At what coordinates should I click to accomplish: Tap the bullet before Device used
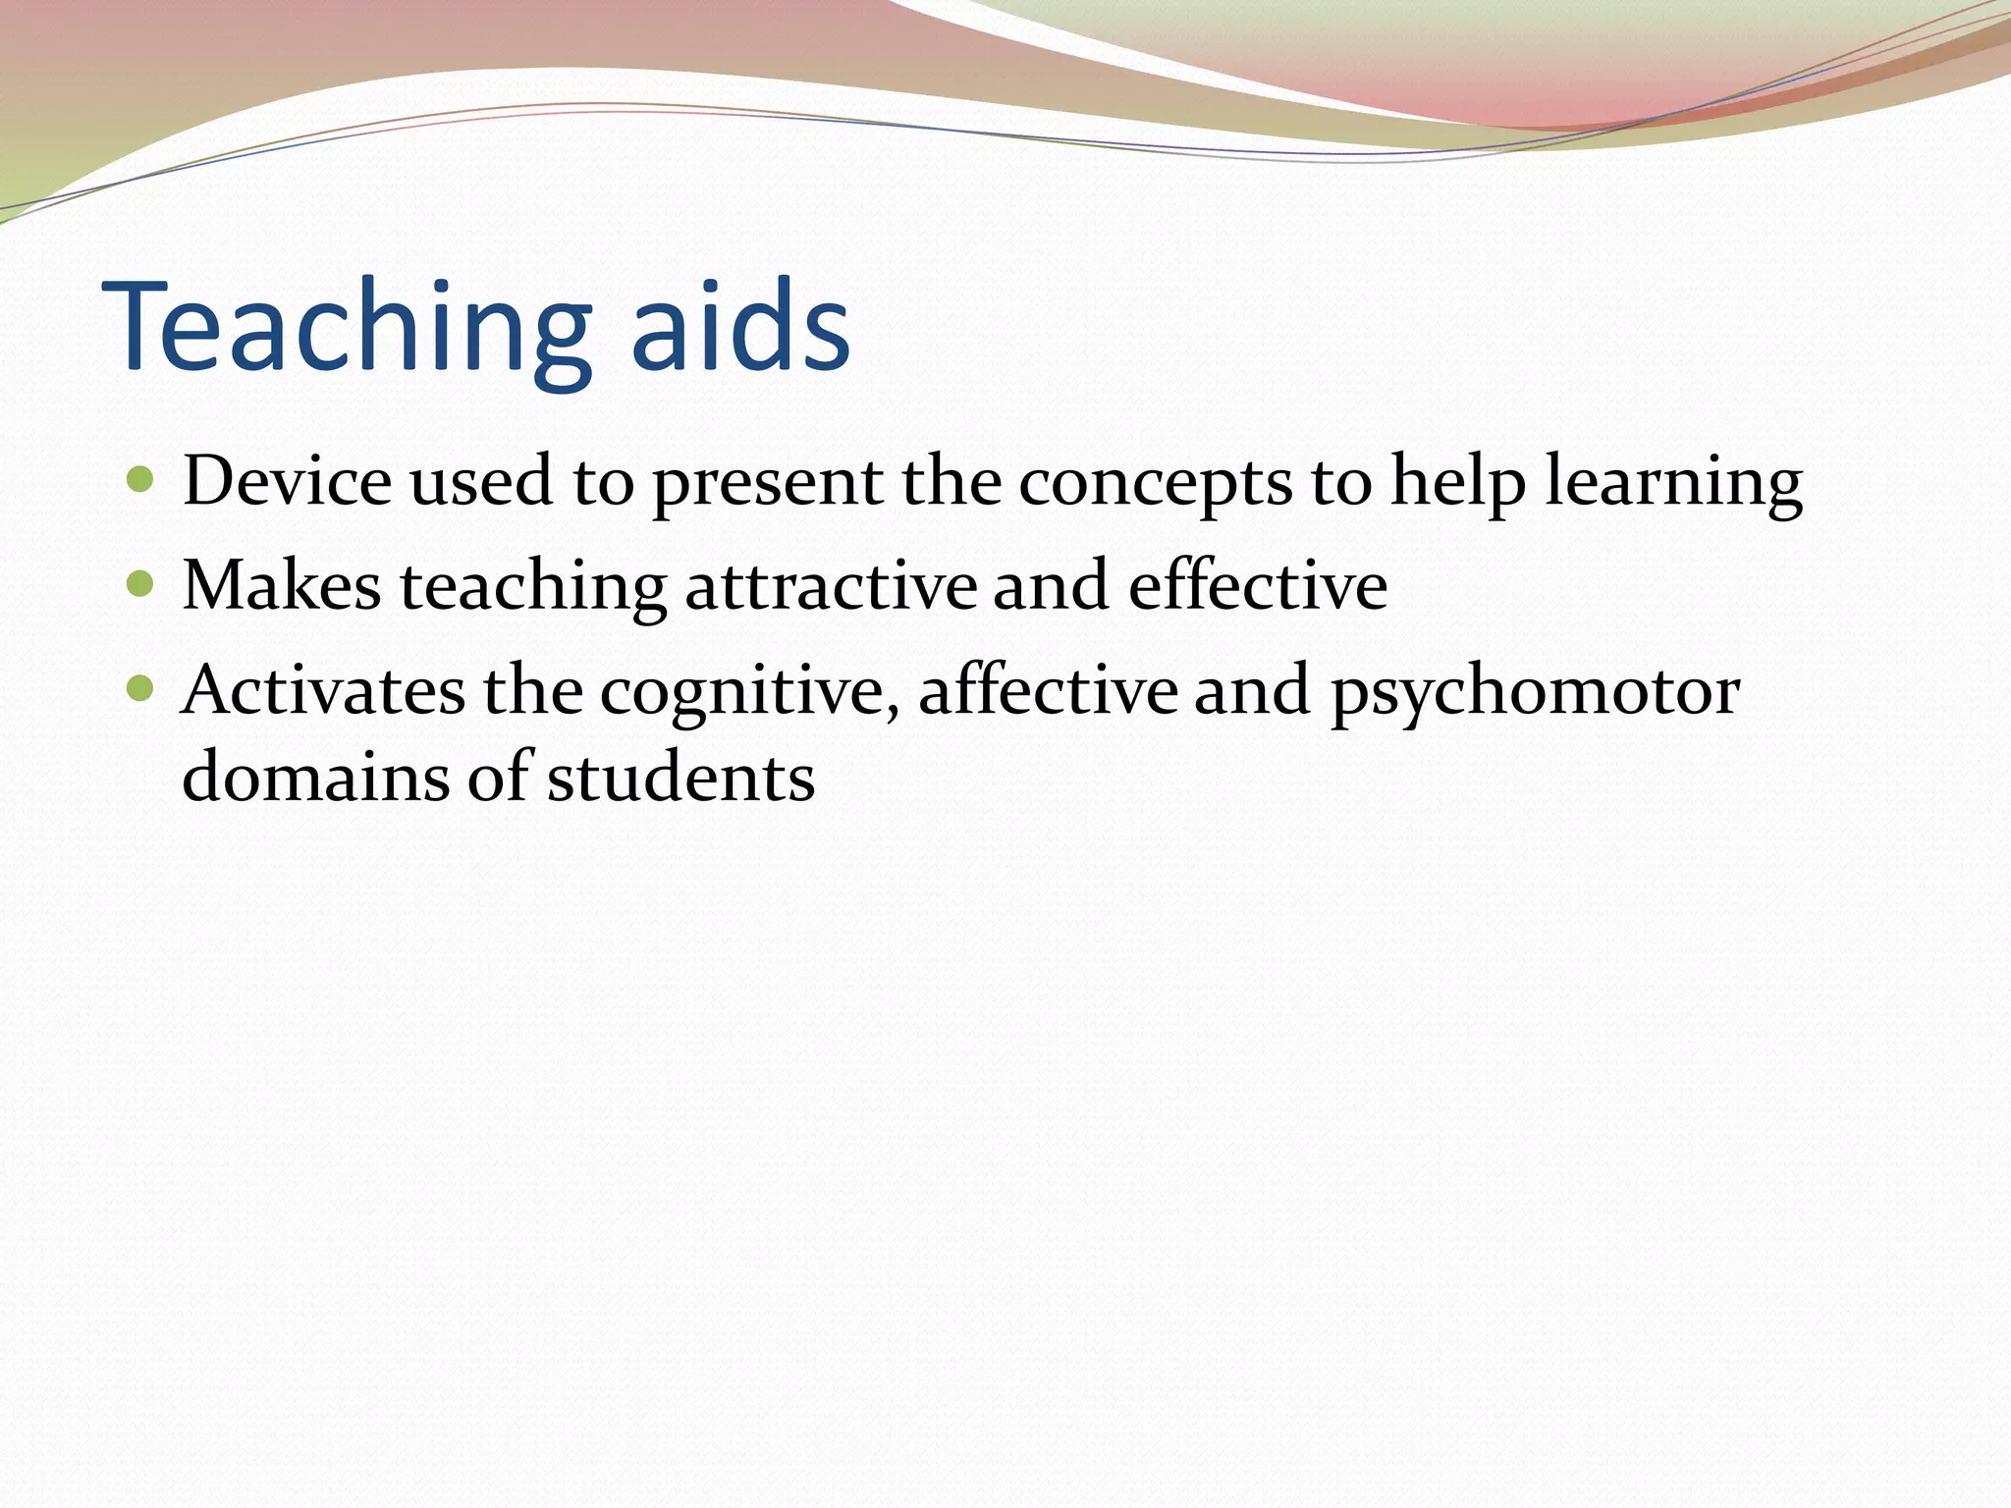pyautogui.click(x=141, y=480)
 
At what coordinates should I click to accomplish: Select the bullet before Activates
pyautogui.click(x=141, y=689)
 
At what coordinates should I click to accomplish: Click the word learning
pyautogui.click(x=1673, y=483)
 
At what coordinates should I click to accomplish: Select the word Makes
pyautogui.click(x=281, y=586)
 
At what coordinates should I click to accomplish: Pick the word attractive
pyautogui.click(x=830, y=586)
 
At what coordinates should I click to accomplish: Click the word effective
pyautogui.click(x=1257, y=586)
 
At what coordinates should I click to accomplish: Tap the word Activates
pyautogui.click(x=323, y=690)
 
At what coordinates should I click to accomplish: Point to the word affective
pyautogui.click(x=1047, y=690)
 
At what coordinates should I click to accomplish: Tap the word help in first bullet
pyautogui.click(x=1458, y=483)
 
